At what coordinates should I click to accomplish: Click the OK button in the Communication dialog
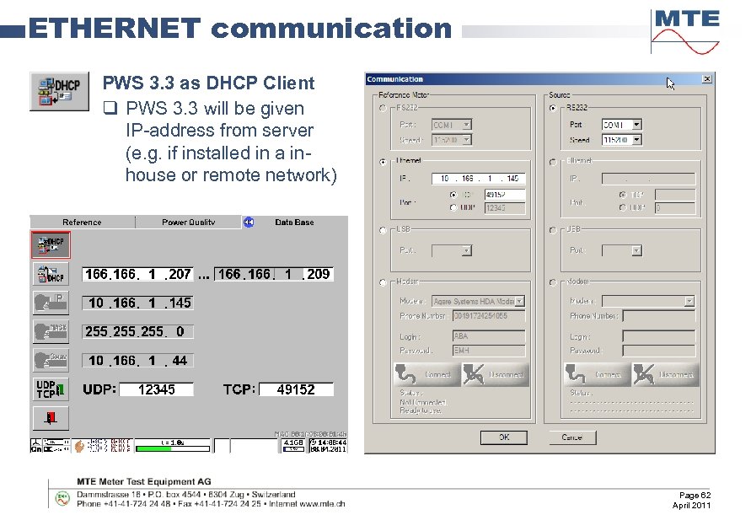coord(503,437)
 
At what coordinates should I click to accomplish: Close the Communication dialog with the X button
coord(706,79)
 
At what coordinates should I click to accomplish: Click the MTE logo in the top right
coord(685,30)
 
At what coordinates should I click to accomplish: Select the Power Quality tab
coord(188,223)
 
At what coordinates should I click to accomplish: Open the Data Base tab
coord(294,223)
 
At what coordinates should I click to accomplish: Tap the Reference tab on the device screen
coord(82,223)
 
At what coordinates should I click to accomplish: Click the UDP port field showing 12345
coord(156,389)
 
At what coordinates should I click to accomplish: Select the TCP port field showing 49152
coord(296,389)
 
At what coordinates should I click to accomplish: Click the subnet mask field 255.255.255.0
coord(137,332)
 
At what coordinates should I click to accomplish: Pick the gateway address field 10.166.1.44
coord(137,361)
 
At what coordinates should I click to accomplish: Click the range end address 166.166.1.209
coord(274,274)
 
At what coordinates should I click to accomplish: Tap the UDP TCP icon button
coord(50,389)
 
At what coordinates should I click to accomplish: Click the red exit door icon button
coord(50,417)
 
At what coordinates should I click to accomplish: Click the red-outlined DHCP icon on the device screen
coord(51,244)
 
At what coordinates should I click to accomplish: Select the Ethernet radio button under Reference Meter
coord(384,161)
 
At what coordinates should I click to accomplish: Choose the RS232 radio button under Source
coord(553,108)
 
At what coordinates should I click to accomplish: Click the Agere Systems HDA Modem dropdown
coord(478,301)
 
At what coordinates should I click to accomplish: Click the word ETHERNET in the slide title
coord(115,29)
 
